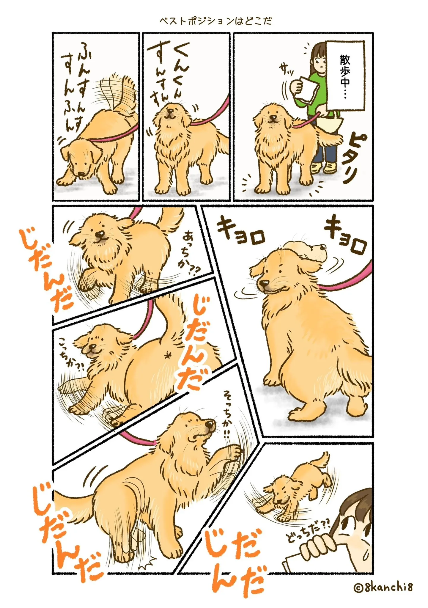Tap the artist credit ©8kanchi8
pyautogui.click(x=383, y=587)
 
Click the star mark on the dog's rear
pyautogui.click(x=168, y=355)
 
